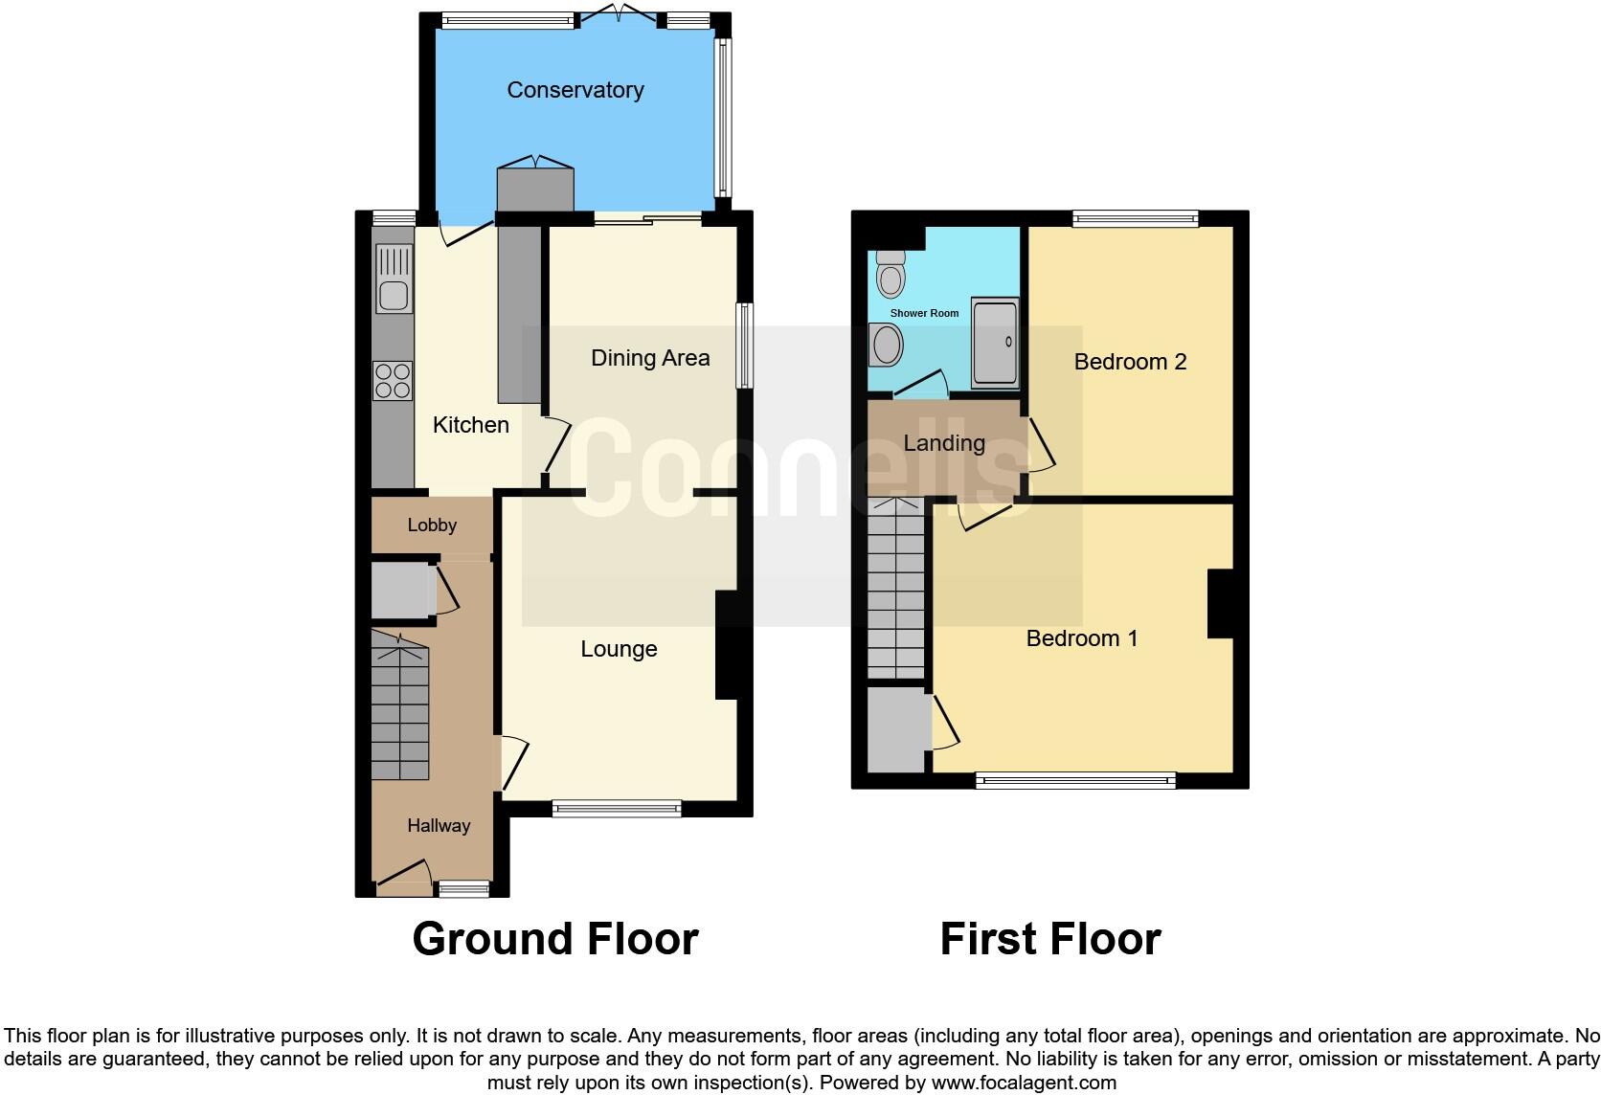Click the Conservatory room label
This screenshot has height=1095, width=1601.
575,90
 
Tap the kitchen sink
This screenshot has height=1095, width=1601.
394,279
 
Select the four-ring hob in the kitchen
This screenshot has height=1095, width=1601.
393,380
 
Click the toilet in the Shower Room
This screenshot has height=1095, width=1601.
891,275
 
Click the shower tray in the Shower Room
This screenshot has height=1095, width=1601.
995,343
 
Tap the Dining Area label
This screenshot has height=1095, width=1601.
650,358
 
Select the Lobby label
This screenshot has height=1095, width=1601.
432,525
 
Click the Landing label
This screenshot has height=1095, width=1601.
944,443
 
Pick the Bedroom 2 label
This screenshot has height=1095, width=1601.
1130,362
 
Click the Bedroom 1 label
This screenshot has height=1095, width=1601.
1082,638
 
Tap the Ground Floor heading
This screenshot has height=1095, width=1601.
555,939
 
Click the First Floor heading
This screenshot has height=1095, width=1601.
1050,939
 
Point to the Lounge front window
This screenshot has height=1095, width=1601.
617,809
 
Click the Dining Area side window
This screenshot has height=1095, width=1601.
744,346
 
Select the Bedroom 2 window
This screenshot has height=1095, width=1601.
1135,219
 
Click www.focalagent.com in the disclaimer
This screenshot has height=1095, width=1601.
1023,1083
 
